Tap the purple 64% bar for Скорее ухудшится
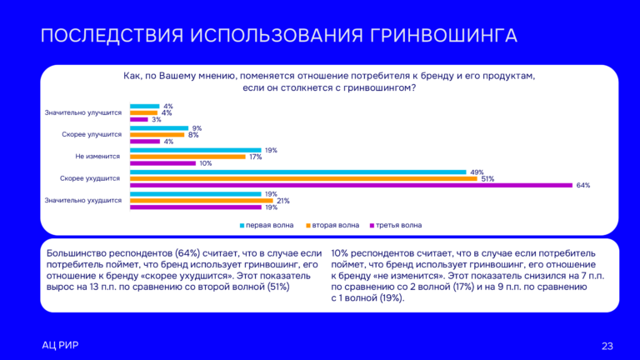point(351,185)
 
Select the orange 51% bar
point(303,178)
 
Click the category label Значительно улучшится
point(83,112)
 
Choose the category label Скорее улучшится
point(92,134)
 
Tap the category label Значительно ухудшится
point(83,200)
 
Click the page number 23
point(607,346)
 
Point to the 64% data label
point(582,185)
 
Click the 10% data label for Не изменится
point(205,163)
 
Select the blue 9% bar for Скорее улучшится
point(158,128)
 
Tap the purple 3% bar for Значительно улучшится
point(138,119)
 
